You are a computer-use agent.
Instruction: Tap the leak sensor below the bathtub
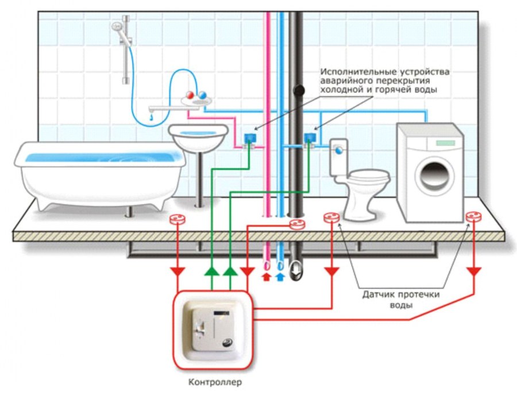(x=178, y=219)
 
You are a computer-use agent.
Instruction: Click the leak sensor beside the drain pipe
(x=296, y=224)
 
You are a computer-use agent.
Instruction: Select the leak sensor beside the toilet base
(x=331, y=218)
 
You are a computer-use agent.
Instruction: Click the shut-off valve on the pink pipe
(x=250, y=139)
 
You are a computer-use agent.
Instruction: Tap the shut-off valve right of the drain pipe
(x=311, y=139)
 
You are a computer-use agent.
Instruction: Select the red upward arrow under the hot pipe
(x=266, y=278)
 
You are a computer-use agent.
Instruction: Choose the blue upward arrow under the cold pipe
(x=280, y=278)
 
